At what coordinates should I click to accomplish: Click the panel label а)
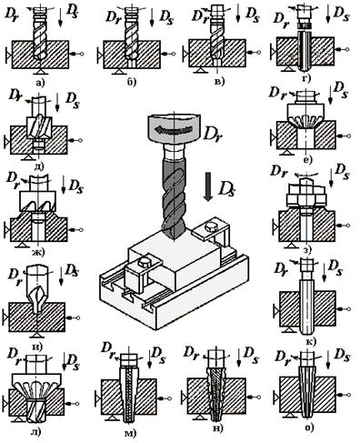tap(40, 81)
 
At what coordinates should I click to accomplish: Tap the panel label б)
tap(131, 82)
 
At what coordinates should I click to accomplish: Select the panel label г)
tap(306, 78)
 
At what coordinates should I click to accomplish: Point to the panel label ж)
tap(38, 252)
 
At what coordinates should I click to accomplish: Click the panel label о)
tap(309, 428)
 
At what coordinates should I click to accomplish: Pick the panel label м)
tap(131, 434)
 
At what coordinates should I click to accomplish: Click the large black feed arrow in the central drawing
tap(208, 186)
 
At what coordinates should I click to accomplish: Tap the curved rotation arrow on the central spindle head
tap(174, 129)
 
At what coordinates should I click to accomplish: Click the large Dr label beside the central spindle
tap(213, 133)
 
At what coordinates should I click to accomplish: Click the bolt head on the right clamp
tap(211, 227)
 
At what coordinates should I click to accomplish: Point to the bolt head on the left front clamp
tap(143, 262)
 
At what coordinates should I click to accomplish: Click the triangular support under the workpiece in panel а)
tap(41, 72)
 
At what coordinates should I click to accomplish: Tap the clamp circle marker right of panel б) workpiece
tap(173, 54)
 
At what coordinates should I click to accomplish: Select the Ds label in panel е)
tap(340, 91)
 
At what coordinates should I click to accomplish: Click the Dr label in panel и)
tap(15, 277)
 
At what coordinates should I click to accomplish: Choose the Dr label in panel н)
tap(193, 353)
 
